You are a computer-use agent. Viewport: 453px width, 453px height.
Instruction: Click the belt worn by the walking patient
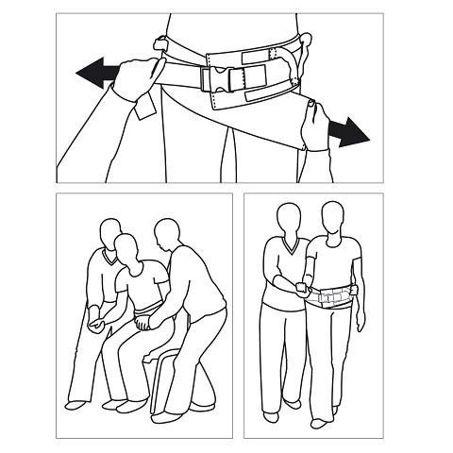pyautogui.click(x=331, y=298)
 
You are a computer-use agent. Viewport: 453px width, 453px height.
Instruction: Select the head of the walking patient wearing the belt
pyautogui.click(x=331, y=216)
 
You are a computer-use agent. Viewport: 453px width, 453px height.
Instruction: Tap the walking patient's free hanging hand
pyautogui.click(x=361, y=321)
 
